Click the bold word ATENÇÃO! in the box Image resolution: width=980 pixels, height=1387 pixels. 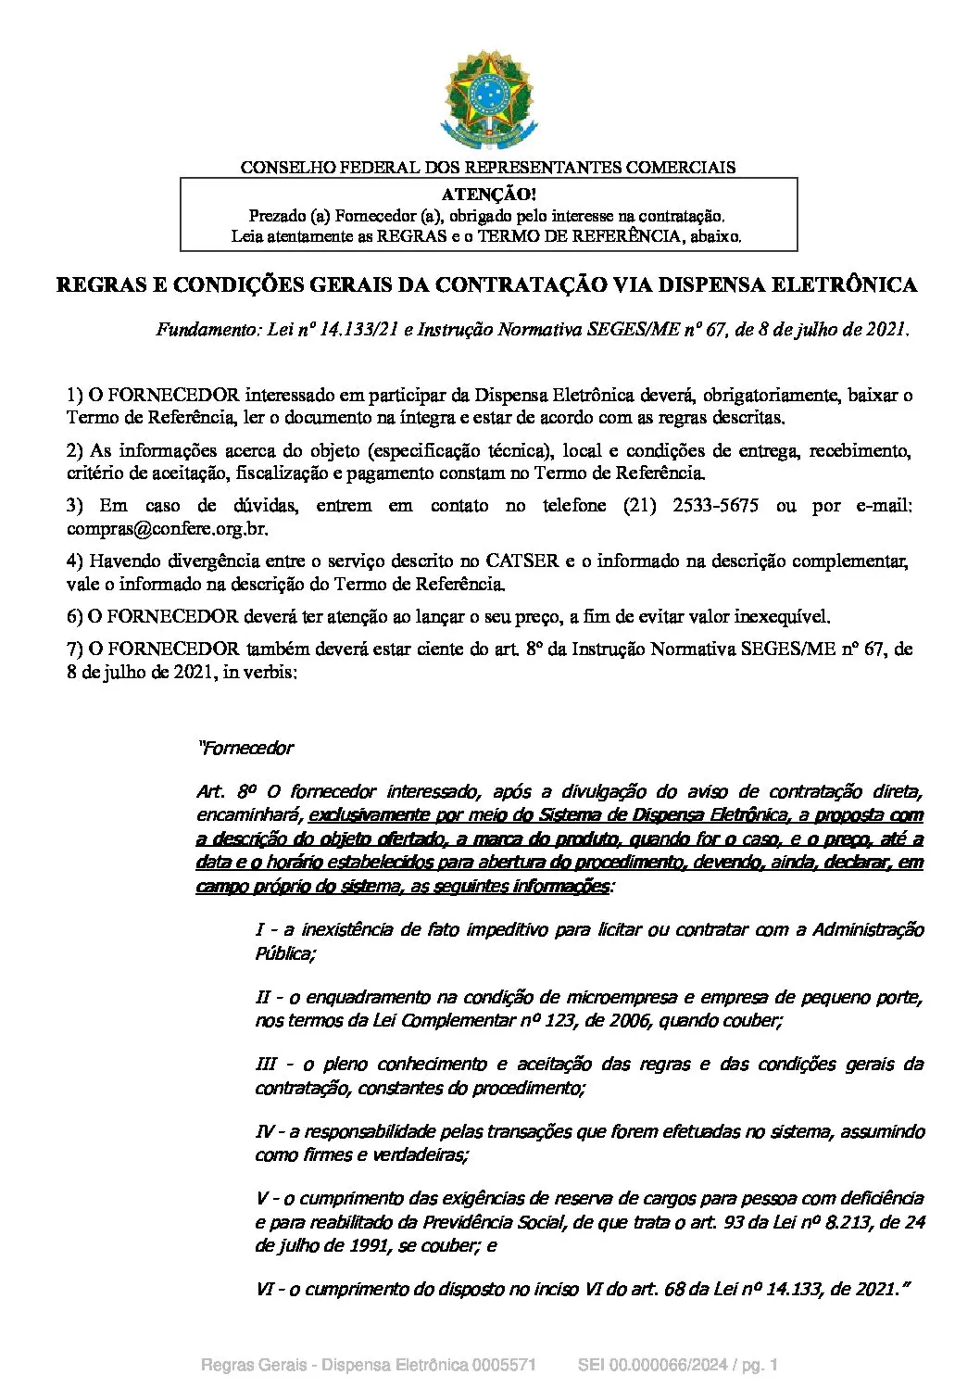coord(488,195)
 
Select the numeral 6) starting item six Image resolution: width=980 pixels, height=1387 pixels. coord(75,616)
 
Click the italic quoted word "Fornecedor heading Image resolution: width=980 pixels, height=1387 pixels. coord(246,748)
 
